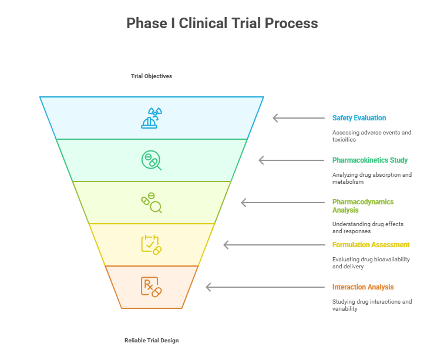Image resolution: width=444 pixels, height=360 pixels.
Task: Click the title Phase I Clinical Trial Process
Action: pyautogui.click(x=222, y=23)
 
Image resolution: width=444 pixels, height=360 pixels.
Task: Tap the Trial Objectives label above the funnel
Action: pyautogui.click(x=152, y=76)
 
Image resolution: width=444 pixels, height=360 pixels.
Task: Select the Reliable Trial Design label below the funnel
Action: pyautogui.click(x=152, y=341)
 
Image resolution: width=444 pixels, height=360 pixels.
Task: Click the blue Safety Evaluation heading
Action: pyautogui.click(x=359, y=118)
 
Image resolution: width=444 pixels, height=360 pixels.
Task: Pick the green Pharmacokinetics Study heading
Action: pyautogui.click(x=369, y=160)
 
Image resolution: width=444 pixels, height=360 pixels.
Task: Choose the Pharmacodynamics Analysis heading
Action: pyautogui.click(x=362, y=206)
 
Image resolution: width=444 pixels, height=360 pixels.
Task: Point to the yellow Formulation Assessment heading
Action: pyautogui.click(x=371, y=245)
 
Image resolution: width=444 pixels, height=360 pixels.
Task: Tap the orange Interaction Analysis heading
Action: pyautogui.click(x=362, y=287)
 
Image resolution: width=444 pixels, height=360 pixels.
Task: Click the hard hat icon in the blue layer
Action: pyautogui.click(x=152, y=118)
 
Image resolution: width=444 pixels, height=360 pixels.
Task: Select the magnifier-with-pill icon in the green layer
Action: pyautogui.click(x=152, y=160)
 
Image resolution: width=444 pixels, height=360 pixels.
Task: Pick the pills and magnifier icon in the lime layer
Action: pyautogui.click(x=152, y=203)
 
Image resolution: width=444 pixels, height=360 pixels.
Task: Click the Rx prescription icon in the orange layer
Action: pyautogui.click(x=152, y=287)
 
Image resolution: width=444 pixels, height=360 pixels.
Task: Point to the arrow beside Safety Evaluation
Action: pyautogui.click(x=298, y=118)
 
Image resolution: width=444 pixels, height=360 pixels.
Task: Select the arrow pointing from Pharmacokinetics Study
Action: pyautogui.click(x=291, y=160)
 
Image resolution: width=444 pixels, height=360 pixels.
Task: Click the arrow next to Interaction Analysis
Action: pyautogui.click(x=265, y=287)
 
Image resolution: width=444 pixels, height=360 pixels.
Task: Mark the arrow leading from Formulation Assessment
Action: pyautogui.click(x=274, y=245)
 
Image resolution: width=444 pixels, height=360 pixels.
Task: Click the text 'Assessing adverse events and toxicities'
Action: pyautogui.click(x=371, y=136)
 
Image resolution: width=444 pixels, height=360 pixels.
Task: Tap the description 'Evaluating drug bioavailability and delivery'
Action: pyautogui.click(x=371, y=263)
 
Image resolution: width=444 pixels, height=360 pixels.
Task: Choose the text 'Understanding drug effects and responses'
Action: pyautogui.click(x=368, y=227)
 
